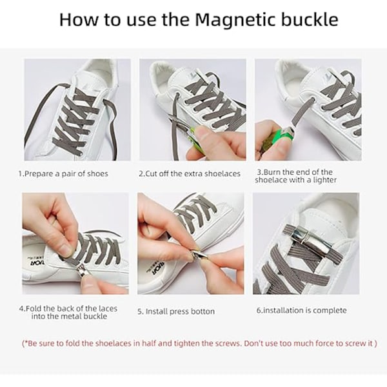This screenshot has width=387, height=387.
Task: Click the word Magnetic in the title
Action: [x=235, y=20]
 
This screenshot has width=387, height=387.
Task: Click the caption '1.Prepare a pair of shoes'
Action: [x=63, y=174]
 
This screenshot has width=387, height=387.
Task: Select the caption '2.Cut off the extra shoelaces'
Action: [x=190, y=174]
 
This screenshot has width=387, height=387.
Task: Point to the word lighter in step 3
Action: [x=325, y=180]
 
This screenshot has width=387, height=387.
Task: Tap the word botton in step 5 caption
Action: [x=202, y=312]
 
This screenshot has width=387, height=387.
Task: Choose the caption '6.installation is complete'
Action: [x=302, y=310]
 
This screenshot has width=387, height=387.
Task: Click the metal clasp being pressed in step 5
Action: [x=200, y=255]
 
